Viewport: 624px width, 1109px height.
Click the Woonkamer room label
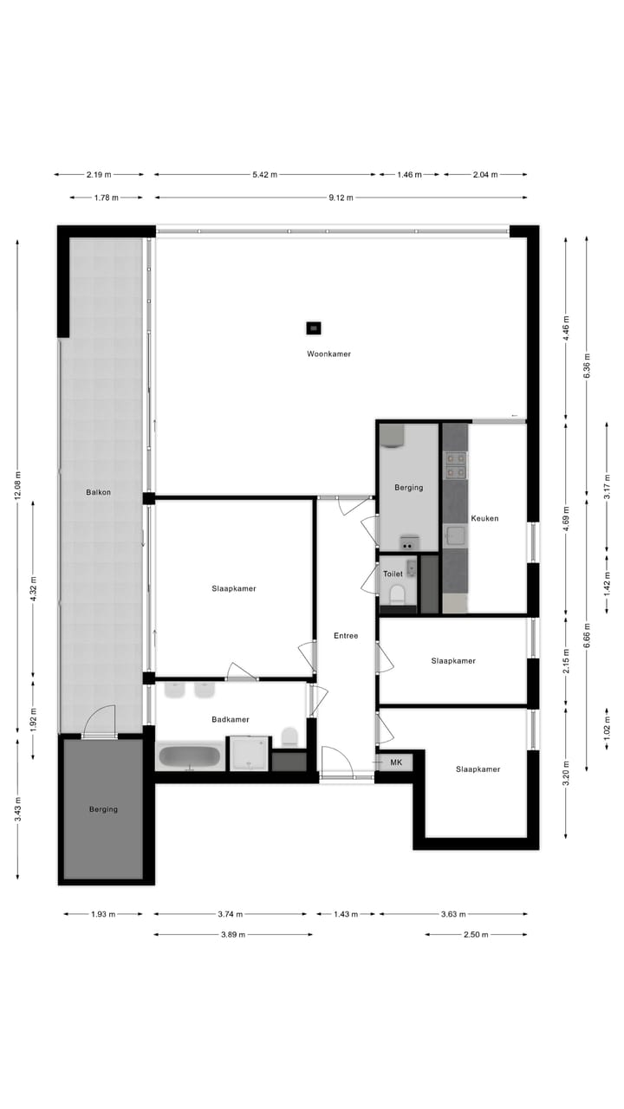pyautogui.click(x=328, y=353)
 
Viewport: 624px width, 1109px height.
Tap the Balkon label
pyautogui.click(x=98, y=492)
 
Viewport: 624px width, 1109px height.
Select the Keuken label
pyautogui.click(x=484, y=518)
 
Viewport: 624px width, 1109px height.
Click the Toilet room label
pyautogui.click(x=393, y=574)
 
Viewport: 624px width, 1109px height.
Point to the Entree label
pyautogui.click(x=346, y=636)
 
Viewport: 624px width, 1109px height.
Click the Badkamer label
pyautogui.click(x=231, y=719)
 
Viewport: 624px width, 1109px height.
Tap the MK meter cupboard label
pyautogui.click(x=396, y=762)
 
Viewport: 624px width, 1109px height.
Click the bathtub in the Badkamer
pyautogui.click(x=190, y=756)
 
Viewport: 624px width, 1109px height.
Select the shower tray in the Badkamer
pyautogui.click(x=248, y=753)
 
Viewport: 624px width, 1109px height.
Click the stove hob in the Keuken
pyautogui.click(x=455, y=465)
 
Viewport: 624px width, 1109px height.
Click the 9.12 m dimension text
pyautogui.click(x=341, y=198)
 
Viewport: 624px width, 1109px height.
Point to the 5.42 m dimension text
pyautogui.click(x=265, y=174)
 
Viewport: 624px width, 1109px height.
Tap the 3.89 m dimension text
pyautogui.click(x=233, y=935)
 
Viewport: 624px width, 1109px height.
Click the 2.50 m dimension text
pyautogui.click(x=476, y=935)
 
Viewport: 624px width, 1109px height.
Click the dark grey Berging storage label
pyautogui.click(x=103, y=809)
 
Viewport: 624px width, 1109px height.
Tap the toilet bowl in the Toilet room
pyautogui.click(x=398, y=594)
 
